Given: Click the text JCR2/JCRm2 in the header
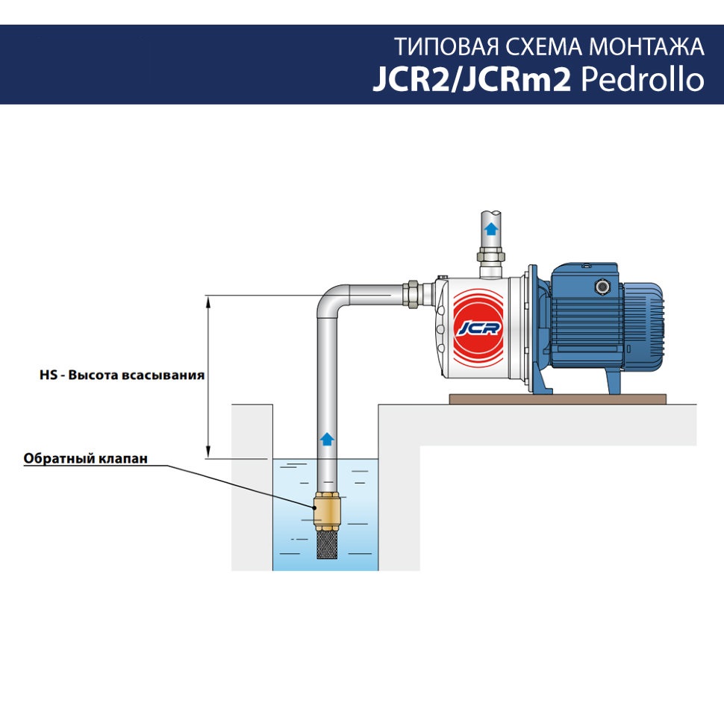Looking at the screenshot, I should pyautogui.click(x=472, y=79).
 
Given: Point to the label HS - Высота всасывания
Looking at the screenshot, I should pyautogui.click(x=122, y=375).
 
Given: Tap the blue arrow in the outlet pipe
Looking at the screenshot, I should pyautogui.click(x=490, y=228).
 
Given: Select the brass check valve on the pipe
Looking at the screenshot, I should pyautogui.click(x=327, y=511).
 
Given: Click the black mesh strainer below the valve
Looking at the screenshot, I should pyautogui.click(x=327, y=546).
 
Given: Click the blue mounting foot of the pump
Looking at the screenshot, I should pyautogui.click(x=611, y=381).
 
